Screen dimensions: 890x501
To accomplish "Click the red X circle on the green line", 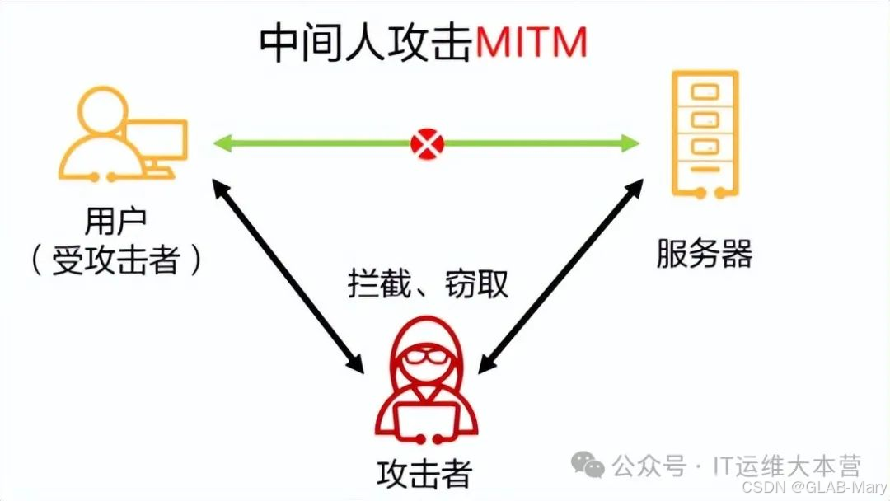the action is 427,145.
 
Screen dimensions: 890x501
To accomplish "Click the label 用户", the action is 115,222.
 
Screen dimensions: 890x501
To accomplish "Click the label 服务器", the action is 704,255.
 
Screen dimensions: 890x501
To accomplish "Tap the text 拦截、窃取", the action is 427,283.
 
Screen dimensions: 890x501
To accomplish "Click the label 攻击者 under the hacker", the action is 425,474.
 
